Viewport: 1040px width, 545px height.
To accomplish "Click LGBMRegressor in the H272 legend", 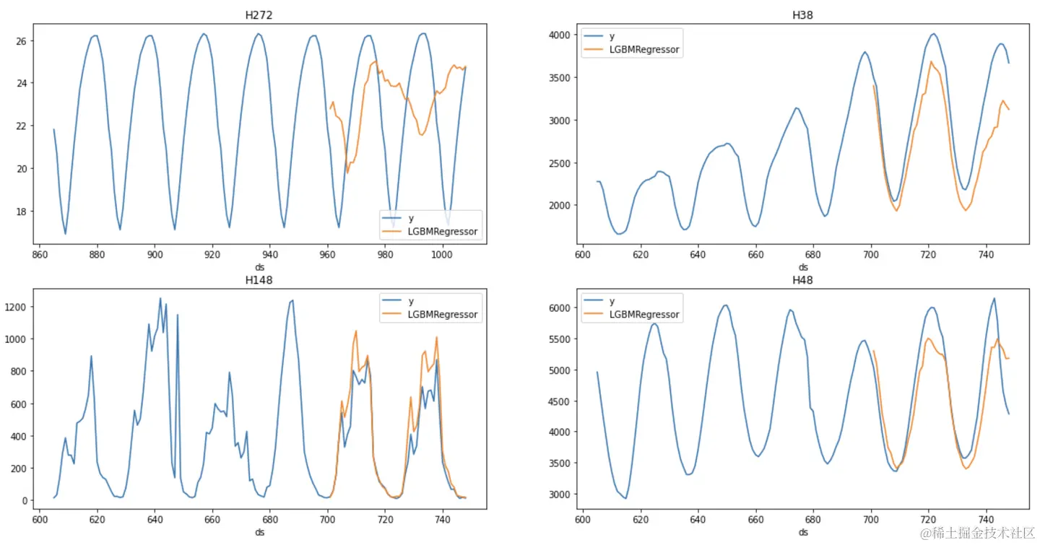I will (x=443, y=232).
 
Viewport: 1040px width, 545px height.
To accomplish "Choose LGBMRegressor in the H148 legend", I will (x=443, y=314).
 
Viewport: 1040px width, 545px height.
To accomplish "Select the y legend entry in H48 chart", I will (x=613, y=301).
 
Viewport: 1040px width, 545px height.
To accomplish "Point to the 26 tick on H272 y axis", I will (x=22, y=40).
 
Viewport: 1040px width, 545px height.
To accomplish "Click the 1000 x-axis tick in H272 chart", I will (x=442, y=255).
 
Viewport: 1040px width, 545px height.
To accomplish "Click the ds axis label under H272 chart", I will (x=260, y=267).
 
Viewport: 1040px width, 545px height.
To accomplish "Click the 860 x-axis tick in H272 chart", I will (x=40, y=255).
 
